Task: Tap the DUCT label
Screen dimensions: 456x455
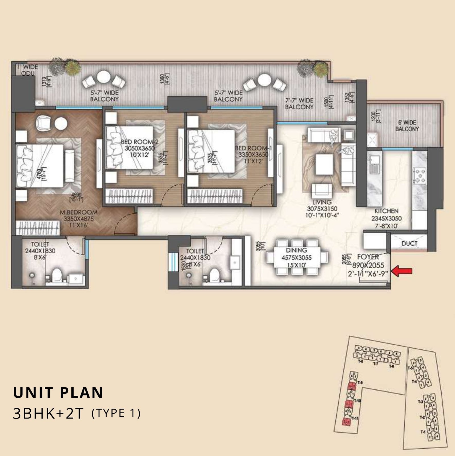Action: [409, 243]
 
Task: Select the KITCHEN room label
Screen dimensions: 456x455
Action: [386, 211]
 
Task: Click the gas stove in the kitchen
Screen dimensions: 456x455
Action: [419, 175]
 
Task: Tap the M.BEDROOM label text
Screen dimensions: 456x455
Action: [78, 212]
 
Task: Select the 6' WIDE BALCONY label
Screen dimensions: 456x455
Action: [407, 126]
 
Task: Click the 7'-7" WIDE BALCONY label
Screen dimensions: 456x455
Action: [299, 104]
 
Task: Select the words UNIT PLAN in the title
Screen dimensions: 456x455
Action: [58, 392]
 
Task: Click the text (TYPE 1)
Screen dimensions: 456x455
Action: [116, 413]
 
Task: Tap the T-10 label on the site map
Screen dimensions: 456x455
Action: [357, 401]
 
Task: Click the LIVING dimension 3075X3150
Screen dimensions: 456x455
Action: [322, 209]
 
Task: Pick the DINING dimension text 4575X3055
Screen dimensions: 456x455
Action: [296, 258]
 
